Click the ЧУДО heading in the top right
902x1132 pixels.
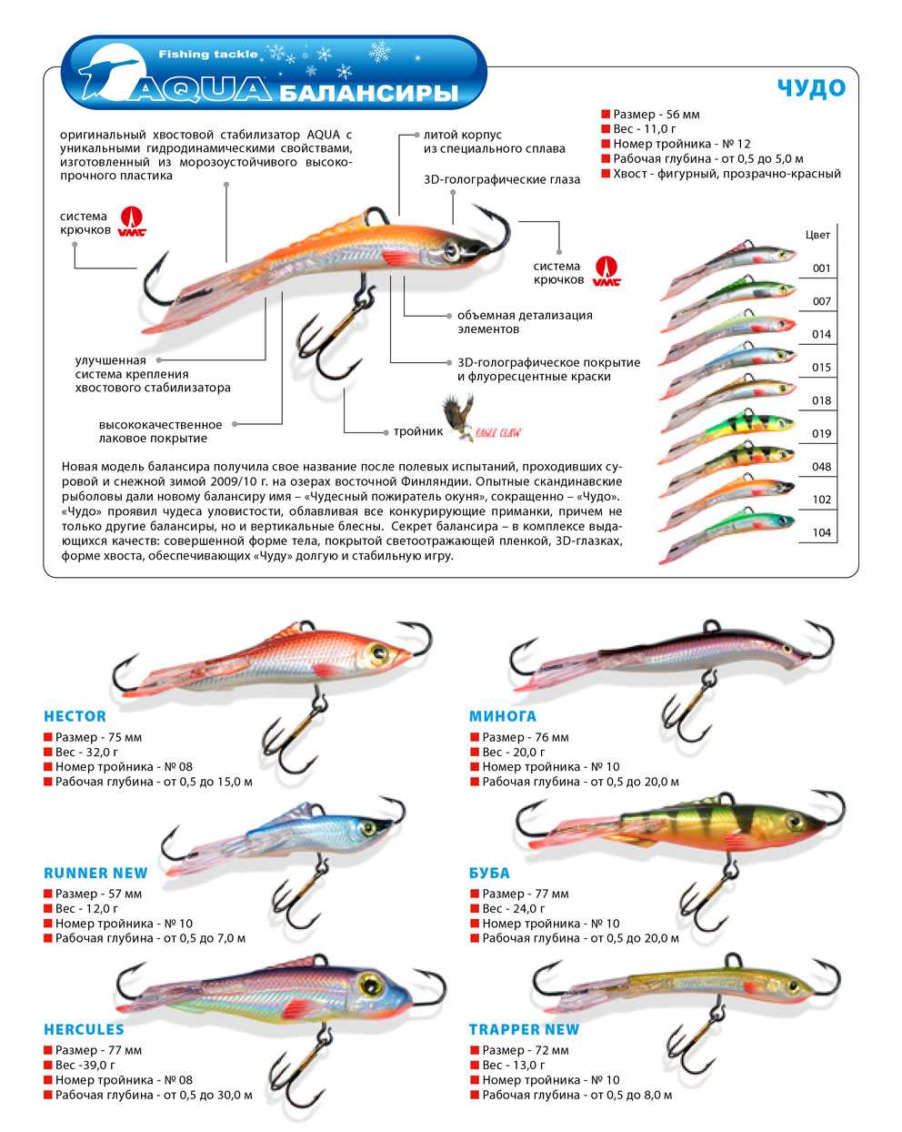tap(811, 88)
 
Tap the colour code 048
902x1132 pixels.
tap(821, 467)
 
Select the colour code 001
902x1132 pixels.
tap(821, 268)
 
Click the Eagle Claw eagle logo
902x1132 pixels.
tap(458, 417)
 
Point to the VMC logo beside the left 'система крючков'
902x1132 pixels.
tap(132, 221)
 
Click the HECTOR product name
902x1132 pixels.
tap(75, 716)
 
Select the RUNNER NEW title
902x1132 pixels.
tap(95, 873)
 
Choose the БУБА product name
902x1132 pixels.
tap(489, 873)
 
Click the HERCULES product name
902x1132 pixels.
tap(84, 1029)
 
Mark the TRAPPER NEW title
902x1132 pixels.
tap(524, 1029)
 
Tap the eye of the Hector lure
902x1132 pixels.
tap(378, 652)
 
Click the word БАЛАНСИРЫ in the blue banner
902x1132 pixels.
tap(369, 93)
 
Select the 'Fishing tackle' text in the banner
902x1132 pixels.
tap(208, 55)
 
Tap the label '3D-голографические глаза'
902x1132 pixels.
tap(502, 179)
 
